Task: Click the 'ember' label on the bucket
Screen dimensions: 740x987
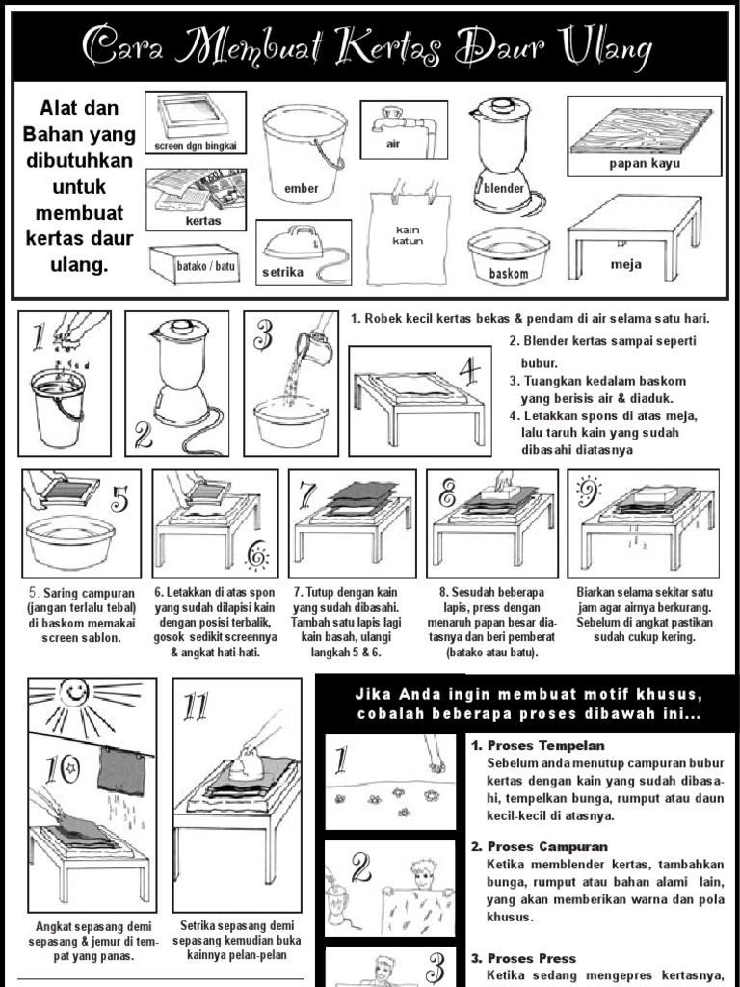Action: (x=301, y=188)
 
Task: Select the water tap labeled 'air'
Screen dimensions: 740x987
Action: (x=403, y=126)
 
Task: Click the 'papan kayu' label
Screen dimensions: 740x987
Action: (x=645, y=164)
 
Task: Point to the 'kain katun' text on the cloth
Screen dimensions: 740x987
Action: (x=408, y=235)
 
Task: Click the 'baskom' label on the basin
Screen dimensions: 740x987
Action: (x=509, y=274)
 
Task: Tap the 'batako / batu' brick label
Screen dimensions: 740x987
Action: (x=206, y=266)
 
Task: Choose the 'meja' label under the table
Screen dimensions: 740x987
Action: (x=625, y=264)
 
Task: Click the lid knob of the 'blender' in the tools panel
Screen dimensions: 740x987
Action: (x=501, y=104)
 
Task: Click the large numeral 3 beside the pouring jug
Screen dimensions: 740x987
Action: (x=263, y=334)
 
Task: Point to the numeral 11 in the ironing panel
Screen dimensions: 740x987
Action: (x=196, y=707)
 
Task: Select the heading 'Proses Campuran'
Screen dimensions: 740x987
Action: (x=547, y=846)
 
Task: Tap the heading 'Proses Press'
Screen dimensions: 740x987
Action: (x=532, y=959)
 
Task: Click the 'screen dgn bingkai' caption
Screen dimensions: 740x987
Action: (x=196, y=147)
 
